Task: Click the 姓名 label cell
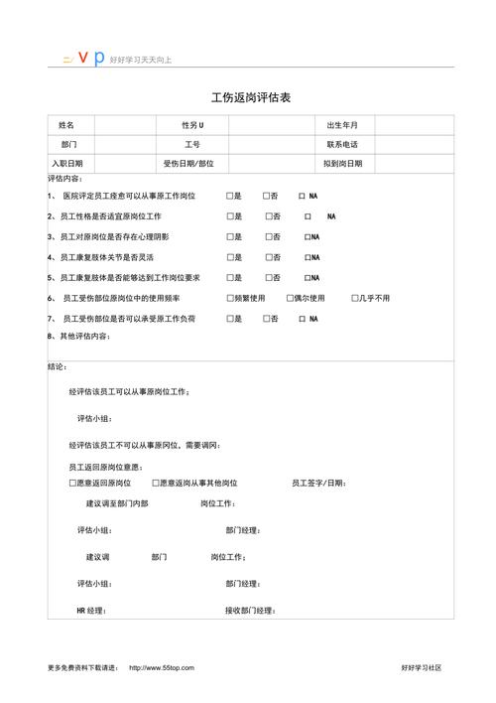tap(66, 126)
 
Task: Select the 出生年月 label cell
tap(342, 126)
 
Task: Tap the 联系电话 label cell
tap(342, 145)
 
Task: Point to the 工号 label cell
tap(191, 145)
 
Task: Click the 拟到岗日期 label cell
tap(342, 164)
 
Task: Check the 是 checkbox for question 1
tap(229, 197)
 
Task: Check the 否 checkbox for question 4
tap(268, 257)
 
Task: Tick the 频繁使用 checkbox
tap(229, 298)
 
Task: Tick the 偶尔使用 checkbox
tap(288, 298)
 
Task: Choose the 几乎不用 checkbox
tap(354, 298)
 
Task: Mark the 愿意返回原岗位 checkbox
tap(72, 483)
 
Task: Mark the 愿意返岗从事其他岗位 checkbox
tap(156, 483)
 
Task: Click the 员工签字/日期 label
tap(318, 483)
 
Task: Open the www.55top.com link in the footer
tap(162, 668)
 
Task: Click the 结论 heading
tap(57, 367)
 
